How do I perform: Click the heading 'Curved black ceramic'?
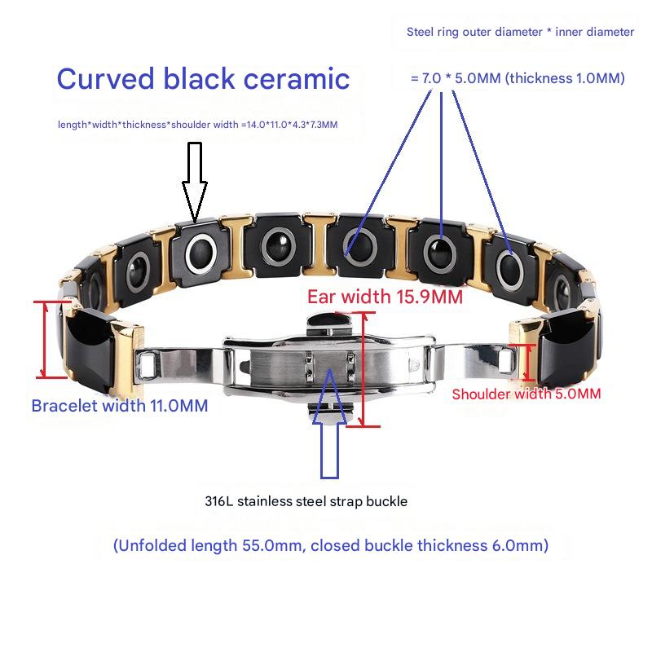tap(203, 79)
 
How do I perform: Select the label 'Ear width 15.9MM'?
tap(385, 296)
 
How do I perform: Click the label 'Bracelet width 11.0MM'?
tap(119, 405)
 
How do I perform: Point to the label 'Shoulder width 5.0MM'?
tap(526, 394)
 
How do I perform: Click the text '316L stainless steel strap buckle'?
tap(306, 501)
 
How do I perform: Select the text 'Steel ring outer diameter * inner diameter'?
tap(520, 33)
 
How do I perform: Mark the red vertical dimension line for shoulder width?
tap(531, 363)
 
